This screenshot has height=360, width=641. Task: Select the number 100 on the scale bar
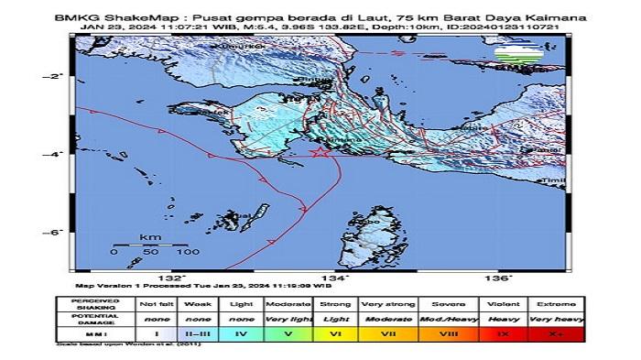[188, 251]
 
